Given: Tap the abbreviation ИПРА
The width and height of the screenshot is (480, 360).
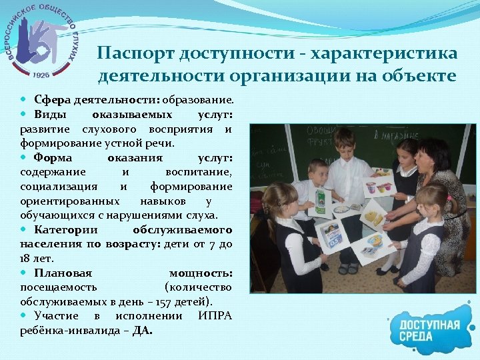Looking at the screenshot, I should (215, 315).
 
